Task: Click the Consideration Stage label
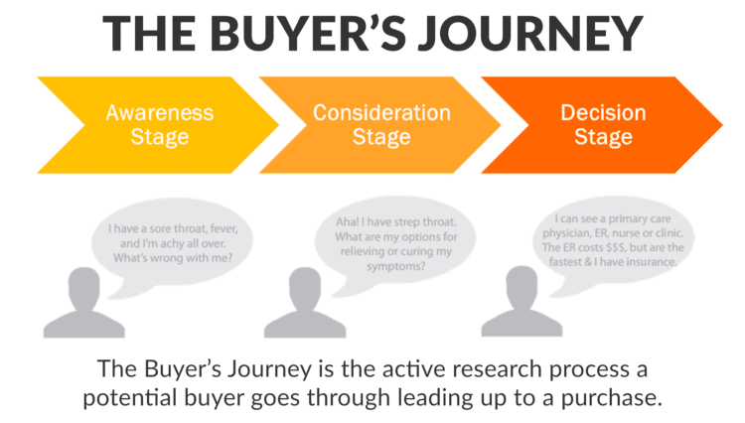coord(376,124)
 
